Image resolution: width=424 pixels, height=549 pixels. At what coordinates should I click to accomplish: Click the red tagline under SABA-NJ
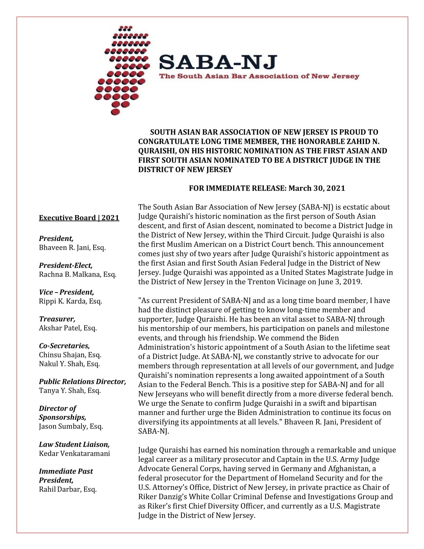[x=259, y=76]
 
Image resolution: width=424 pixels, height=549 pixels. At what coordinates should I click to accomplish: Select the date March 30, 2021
[x=317, y=188]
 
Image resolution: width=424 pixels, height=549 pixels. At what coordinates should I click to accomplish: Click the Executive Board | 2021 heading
[x=79, y=218]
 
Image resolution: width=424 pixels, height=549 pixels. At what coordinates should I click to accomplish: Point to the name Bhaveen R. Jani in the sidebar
[x=72, y=248]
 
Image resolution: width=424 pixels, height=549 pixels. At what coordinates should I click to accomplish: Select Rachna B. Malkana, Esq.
[x=78, y=274]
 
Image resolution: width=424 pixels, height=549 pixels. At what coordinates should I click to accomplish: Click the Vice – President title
[x=66, y=292]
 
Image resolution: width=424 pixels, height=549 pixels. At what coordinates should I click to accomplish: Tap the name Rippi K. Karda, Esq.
[x=70, y=301]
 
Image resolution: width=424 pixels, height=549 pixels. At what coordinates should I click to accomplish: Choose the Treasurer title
[x=57, y=319]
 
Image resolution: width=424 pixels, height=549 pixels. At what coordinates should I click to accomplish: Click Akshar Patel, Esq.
[x=68, y=328]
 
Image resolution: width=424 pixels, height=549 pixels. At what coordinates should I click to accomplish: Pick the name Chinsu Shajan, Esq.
[x=70, y=355]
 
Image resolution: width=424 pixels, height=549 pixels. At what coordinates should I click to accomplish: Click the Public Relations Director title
[x=82, y=381]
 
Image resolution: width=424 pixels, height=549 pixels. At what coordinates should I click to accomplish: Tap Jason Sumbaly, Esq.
[x=71, y=426]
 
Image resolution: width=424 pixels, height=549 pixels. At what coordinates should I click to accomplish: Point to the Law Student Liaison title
[x=74, y=444]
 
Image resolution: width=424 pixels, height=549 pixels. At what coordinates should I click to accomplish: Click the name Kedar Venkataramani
[x=74, y=453]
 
